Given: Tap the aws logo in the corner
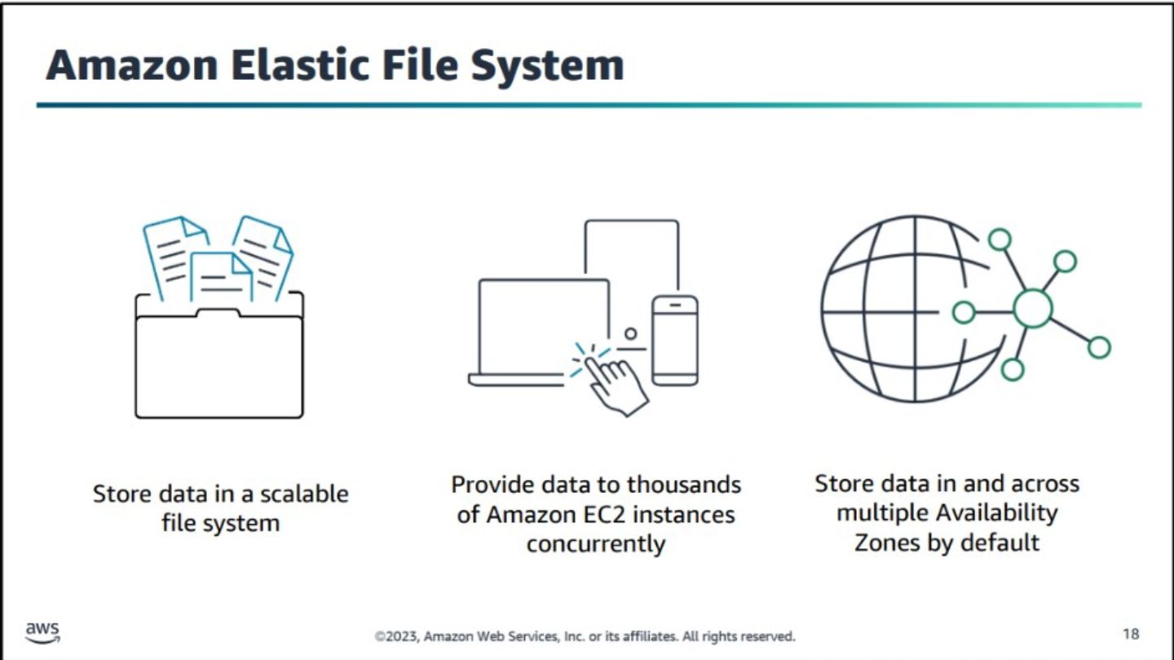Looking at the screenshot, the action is (x=42, y=632).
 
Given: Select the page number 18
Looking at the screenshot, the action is (x=1131, y=634).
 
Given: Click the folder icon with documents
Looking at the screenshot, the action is (x=219, y=316).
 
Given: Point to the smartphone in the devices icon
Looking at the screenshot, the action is (x=675, y=341).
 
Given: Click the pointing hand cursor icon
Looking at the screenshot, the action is (x=614, y=381).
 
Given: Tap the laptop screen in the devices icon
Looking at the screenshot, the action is (x=544, y=325).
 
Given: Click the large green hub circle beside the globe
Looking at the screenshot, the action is (x=1032, y=309).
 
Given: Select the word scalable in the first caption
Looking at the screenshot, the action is (x=304, y=494).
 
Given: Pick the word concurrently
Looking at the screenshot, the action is (x=596, y=544).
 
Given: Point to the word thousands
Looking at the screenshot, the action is (x=684, y=485).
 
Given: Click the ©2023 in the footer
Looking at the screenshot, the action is (x=396, y=636).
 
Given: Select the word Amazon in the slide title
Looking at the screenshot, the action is (x=131, y=66).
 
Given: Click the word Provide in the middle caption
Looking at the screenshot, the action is (x=492, y=485).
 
